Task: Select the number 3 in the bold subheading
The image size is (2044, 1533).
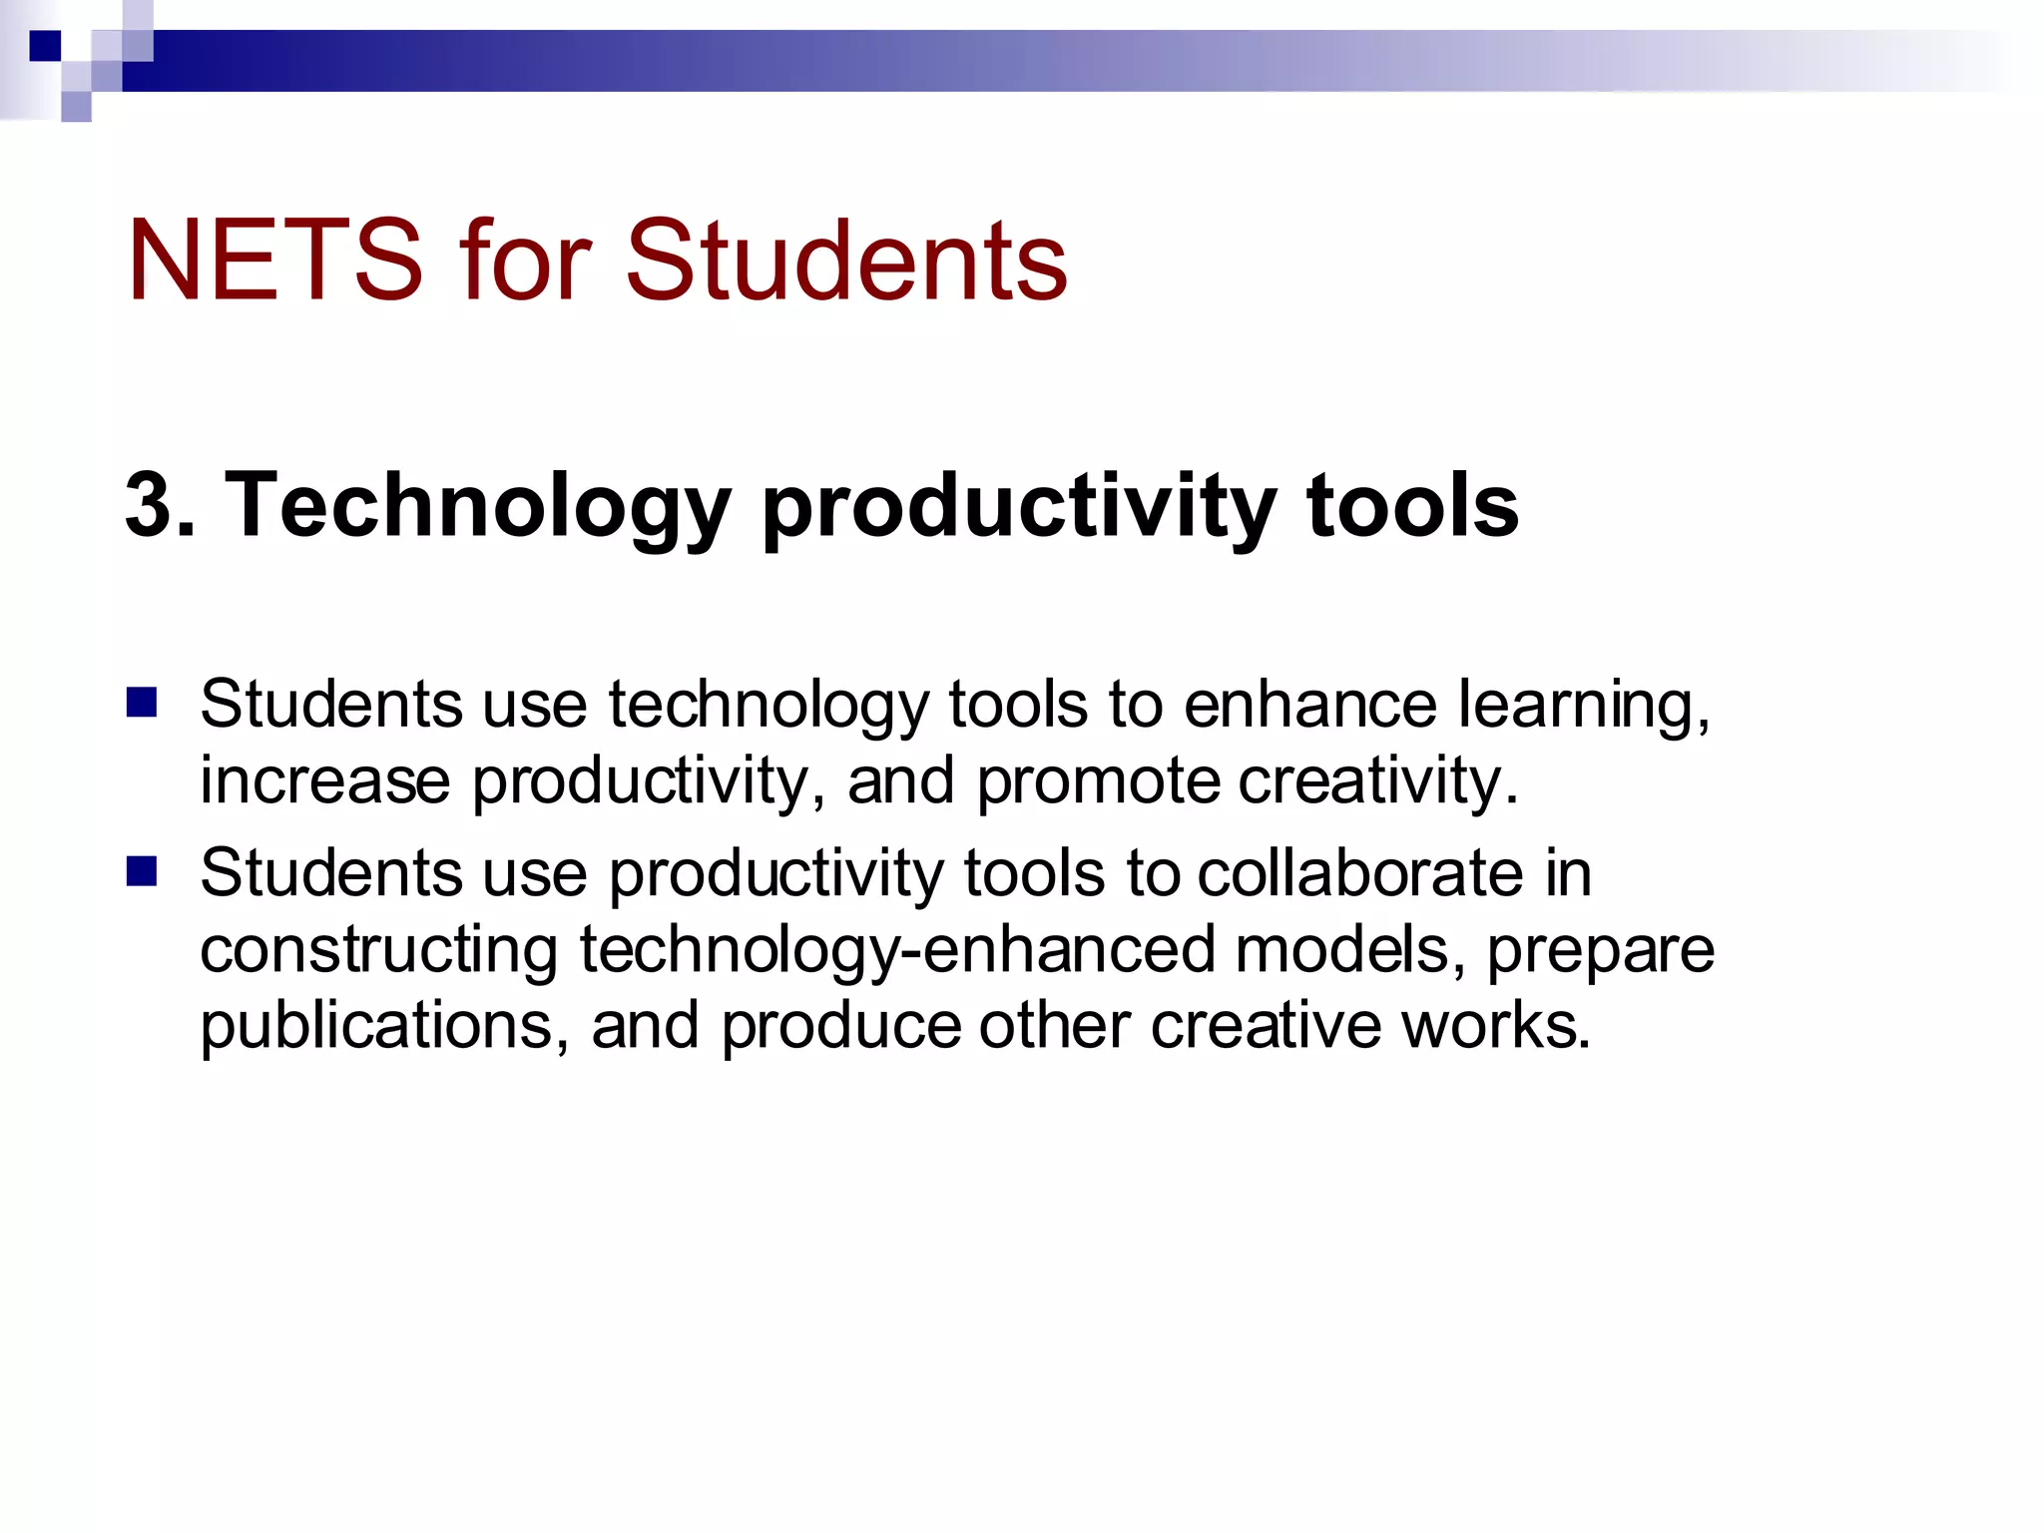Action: (x=148, y=505)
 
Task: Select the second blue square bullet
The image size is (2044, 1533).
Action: (x=142, y=871)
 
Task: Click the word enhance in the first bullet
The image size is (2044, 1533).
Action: (x=1310, y=705)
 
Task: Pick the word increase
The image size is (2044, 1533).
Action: (x=324, y=780)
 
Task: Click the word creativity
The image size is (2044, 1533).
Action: (x=1377, y=780)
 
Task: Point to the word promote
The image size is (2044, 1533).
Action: (x=1098, y=782)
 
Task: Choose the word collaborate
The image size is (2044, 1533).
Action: (x=1359, y=873)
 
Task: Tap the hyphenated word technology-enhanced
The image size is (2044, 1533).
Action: (x=897, y=951)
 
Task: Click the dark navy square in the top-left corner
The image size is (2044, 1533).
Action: (x=45, y=46)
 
